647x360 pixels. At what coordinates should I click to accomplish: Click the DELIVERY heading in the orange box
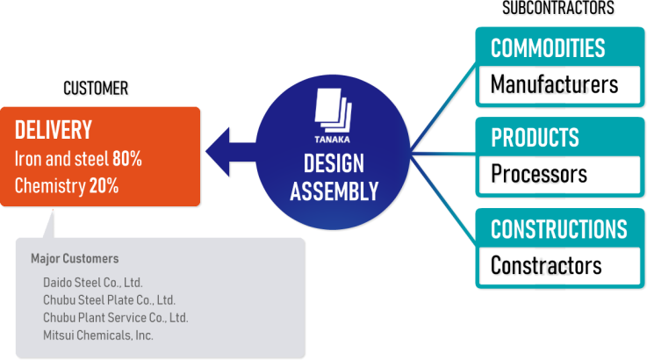click(x=54, y=130)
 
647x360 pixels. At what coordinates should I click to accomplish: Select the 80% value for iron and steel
click(x=127, y=159)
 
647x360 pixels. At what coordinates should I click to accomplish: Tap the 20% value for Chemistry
click(x=104, y=185)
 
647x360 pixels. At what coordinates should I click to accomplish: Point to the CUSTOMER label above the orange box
click(x=97, y=89)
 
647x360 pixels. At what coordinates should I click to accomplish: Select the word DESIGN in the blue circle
click(x=334, y=163)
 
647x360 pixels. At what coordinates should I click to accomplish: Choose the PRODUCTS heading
click(x=535, y=138)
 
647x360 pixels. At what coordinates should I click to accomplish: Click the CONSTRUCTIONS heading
click(x=558, y=229)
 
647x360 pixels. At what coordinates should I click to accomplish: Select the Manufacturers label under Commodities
click(x=554, y=85)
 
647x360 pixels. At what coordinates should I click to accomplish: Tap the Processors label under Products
click(x=539, y=175)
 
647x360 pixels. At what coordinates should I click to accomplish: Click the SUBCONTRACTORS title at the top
click(x=558, y=9)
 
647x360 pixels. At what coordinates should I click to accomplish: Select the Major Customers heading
click(x=75, y=259)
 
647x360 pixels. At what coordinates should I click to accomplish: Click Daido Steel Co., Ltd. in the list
click(x=92, y=283)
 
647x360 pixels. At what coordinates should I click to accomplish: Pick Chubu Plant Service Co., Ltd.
click(x=115, y=318)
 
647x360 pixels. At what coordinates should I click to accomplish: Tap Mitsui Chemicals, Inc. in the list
click(x=97, y=335)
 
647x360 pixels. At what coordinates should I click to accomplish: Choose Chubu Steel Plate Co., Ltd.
click(x=109, y=300)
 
